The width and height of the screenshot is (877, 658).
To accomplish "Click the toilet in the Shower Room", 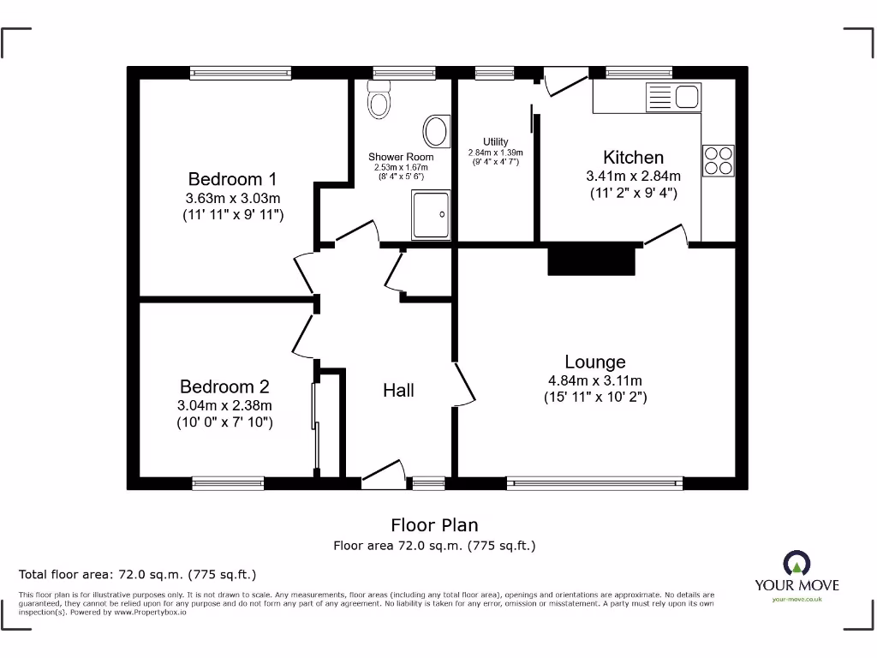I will [379, 100].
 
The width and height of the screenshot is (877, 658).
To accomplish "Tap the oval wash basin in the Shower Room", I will [437, 131].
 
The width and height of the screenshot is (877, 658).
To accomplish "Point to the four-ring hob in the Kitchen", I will [718, 160].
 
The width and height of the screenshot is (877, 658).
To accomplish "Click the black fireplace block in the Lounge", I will [593, 260].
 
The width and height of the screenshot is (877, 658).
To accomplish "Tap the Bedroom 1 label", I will [232, 179].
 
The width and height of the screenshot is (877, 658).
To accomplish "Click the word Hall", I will [398, 391].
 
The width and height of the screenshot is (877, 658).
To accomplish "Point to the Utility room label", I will [495, 142].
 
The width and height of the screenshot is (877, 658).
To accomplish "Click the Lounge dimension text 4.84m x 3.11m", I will [595, 380].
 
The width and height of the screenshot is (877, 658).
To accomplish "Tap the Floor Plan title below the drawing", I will [434, 525].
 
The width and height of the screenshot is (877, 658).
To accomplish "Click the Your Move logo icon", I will [796, 564].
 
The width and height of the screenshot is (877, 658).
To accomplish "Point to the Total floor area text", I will [138, 574].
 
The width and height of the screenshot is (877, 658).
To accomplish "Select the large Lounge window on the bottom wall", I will [594, 483].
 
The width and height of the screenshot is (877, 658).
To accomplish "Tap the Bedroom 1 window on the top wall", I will [241, 74].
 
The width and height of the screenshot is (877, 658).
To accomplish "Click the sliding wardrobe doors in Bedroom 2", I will [315, 428].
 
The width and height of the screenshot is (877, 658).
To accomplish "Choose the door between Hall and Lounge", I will [464, 383].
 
